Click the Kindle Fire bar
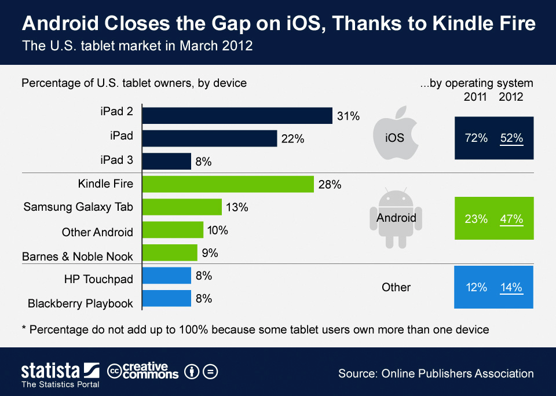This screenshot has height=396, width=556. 228,184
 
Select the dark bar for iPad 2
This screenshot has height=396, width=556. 237,116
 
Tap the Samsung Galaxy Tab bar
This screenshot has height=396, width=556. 182,207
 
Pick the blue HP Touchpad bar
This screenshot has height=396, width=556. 167,276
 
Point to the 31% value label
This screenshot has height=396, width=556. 349,116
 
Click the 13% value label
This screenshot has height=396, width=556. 237,207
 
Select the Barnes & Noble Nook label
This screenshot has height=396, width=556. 78,256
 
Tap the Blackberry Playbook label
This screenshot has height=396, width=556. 81,303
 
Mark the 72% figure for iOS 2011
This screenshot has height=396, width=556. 476,138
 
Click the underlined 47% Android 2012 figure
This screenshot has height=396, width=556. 511,219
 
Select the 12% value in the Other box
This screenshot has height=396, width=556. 476,287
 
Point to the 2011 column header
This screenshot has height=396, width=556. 475,97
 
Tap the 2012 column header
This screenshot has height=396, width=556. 511,97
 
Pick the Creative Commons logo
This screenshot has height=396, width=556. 143,371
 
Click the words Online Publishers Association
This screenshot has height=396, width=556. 458,373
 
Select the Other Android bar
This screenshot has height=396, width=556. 173,230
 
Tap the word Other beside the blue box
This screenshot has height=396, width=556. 396,287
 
